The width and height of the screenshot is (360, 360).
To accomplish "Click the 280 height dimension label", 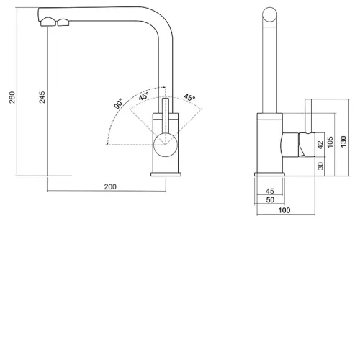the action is [12, 97].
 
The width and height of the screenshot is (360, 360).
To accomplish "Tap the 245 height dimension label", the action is [42, 97].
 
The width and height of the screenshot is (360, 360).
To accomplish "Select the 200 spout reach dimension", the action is [110, 186].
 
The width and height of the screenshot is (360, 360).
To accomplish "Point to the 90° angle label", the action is [118, 104].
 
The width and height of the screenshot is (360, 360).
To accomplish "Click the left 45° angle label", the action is [143, 96].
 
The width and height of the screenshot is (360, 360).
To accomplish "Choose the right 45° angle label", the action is [189, 97].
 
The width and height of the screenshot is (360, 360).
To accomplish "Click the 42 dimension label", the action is [320, 145].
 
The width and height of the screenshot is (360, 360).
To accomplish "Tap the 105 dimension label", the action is [330, 142].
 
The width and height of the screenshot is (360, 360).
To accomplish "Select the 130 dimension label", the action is [343, 142].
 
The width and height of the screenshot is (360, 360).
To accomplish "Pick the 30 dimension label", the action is [320, 166].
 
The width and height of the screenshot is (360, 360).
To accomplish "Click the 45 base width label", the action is [270, 191].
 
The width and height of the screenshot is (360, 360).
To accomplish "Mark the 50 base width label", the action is [270, 199].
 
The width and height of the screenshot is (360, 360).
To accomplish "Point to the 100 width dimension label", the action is [284, 210].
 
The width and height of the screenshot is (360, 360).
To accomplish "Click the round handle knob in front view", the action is [166, 145].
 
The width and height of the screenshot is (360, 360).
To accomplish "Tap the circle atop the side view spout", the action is [270, 14].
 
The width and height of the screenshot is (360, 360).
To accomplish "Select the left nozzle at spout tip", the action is [48, 22].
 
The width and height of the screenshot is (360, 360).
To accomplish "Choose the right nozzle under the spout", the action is [63, 22].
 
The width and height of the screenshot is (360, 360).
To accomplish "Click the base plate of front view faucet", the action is [166, 174].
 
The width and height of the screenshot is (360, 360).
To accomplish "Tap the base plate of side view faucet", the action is [269, 174].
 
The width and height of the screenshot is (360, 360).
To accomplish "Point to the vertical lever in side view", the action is [308, 116].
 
